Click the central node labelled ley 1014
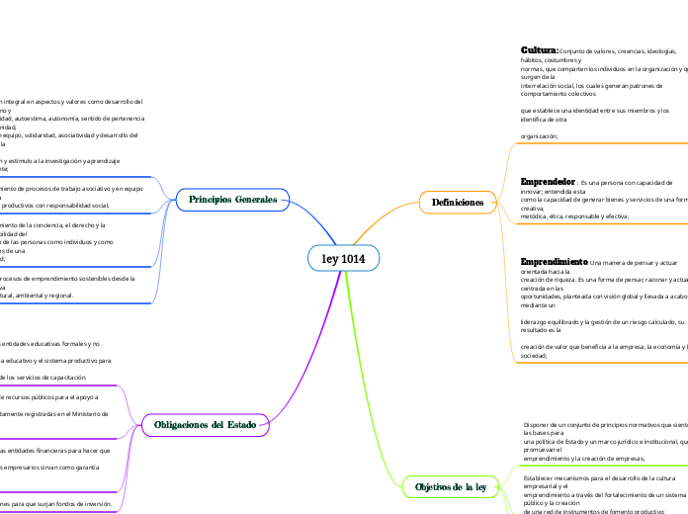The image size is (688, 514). (x=342, y=259)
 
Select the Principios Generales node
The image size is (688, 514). (x=233, y=200)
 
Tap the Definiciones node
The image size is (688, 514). (x=458, y=203)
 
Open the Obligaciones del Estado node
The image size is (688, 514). (x=206, y=425)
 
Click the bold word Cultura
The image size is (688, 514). (x=540, y=49)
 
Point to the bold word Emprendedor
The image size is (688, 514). (x=549, y=183)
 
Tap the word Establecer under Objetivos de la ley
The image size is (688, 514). (x=543, y=475)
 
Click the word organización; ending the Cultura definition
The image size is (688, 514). (x=539, y=136)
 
